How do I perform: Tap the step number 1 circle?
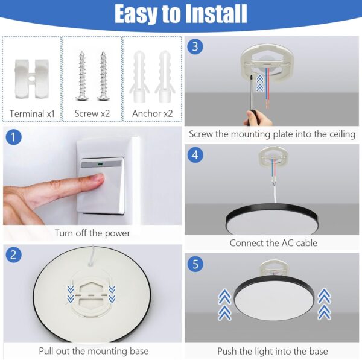click(13, 137)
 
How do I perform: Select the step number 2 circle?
click(13, 254)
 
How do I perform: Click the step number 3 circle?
click(194, 46)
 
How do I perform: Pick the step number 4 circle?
click(194, 154)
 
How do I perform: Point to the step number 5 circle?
click(194, 264)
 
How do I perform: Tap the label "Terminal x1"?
click(31, 113)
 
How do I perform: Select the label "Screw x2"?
click(92, 113)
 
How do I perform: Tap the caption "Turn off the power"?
click(92, 233)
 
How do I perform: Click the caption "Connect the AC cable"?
click(273, 243)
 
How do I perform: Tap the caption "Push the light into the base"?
click(273, 351)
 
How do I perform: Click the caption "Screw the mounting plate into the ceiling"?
click(272, 134)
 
